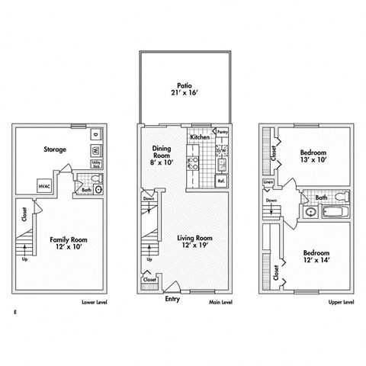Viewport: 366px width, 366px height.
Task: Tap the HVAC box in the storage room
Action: pyautogui.click(x=45, y=185)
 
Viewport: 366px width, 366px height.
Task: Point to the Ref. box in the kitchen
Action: pyautogui.click(x=220, y=181)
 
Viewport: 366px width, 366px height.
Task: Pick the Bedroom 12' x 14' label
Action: pyautogui.click(x=316, y=257)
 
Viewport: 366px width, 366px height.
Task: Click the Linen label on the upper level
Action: pyautogui.click(x=268, y=183)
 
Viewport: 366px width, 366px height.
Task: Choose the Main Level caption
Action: pyautogui.click(x=220, y=302)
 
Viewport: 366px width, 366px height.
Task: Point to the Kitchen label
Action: pyautogui.click(x=200, y=137)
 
